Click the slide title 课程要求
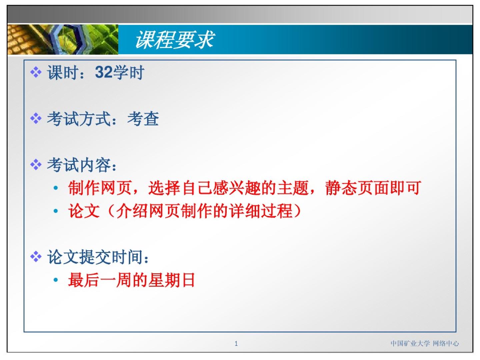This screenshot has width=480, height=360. point(175,40)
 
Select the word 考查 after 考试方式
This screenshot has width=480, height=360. point(143,119)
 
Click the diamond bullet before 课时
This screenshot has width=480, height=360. point(36,72)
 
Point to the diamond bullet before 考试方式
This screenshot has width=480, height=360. point(36,118)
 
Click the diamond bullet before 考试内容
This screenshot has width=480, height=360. point(36,165)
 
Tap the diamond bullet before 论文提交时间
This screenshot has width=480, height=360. point(36,257)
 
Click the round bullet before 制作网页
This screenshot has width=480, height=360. point(56,188)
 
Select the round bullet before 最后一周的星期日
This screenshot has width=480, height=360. point(56,280)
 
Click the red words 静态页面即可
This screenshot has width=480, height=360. point(373,188)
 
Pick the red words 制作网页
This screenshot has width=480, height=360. point(100,188)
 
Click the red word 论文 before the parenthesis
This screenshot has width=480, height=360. point(84,211)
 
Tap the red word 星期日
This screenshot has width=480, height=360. point(171,280)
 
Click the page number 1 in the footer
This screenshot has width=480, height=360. point(236,344)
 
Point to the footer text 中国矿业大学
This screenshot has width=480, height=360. point(410,343)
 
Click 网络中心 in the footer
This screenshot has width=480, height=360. point(446,343)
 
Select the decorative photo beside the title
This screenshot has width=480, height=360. point(63,39)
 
